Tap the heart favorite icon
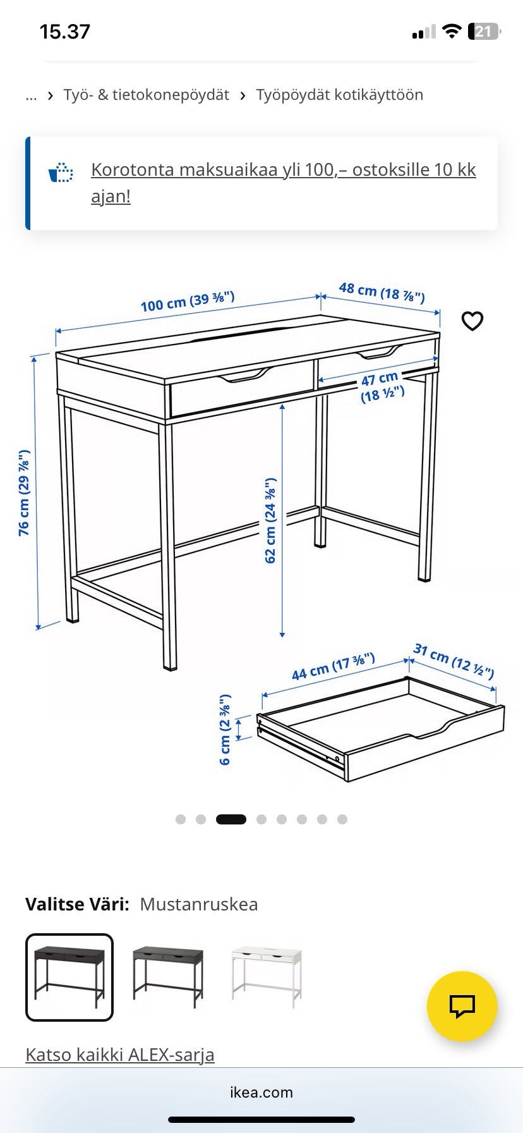pyautogui.click(x=472, y=321)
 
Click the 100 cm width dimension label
pyautogui.click(x=188, y=302)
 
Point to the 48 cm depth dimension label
pyautogui.click(x=382, y=292)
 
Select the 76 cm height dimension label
pyautogui.click(x=23, y=493)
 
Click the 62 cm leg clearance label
pyautogui.click(x=270, y=520)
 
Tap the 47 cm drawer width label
pyautogui.click(x=382, y=386)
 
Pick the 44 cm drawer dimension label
pyautogui.click(x=333, y=666)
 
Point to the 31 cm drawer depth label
pyautogui.click(x=454, y=660)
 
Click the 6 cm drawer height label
pyautogui.click(x=225, y=730)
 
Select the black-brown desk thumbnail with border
pyautogui.click(x=69, y=977)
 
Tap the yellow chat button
pyautogui.click(x=462, y=1007)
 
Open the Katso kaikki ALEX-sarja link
pyautogui.click(x=120, y=1055)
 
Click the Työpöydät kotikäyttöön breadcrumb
pyautogui.click(x=340, y=95)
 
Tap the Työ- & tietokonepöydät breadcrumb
pyautogui.click(x=146, y=95)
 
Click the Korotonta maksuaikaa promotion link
pyautogui.click(x=284, y=183)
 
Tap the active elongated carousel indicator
pyautogui.click(x=231, y=819)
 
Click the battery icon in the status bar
pyautogui.click(x=484, y=32)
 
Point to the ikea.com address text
pyautogui.click(x=261, y=1092)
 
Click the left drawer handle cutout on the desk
pyautogui.click(x=243, y=377)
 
